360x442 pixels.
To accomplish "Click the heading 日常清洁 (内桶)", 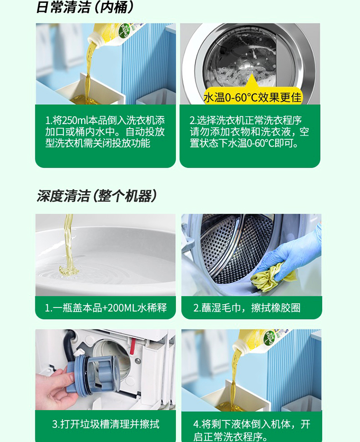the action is (85, 7).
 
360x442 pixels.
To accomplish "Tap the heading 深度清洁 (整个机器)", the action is (96, 196).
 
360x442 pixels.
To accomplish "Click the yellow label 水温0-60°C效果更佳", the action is (252, 98).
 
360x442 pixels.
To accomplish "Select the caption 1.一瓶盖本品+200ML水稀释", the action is (106, 307).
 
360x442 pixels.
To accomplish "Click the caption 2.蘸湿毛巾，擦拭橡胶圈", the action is (247, 307).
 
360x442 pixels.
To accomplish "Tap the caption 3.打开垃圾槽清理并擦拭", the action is (106, 424).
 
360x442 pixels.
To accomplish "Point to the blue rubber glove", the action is (293, 254).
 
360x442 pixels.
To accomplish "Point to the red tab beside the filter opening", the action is (132, 345).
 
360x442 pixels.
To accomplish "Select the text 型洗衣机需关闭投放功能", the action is (98, 143).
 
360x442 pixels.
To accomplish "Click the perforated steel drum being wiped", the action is (234, 248).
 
